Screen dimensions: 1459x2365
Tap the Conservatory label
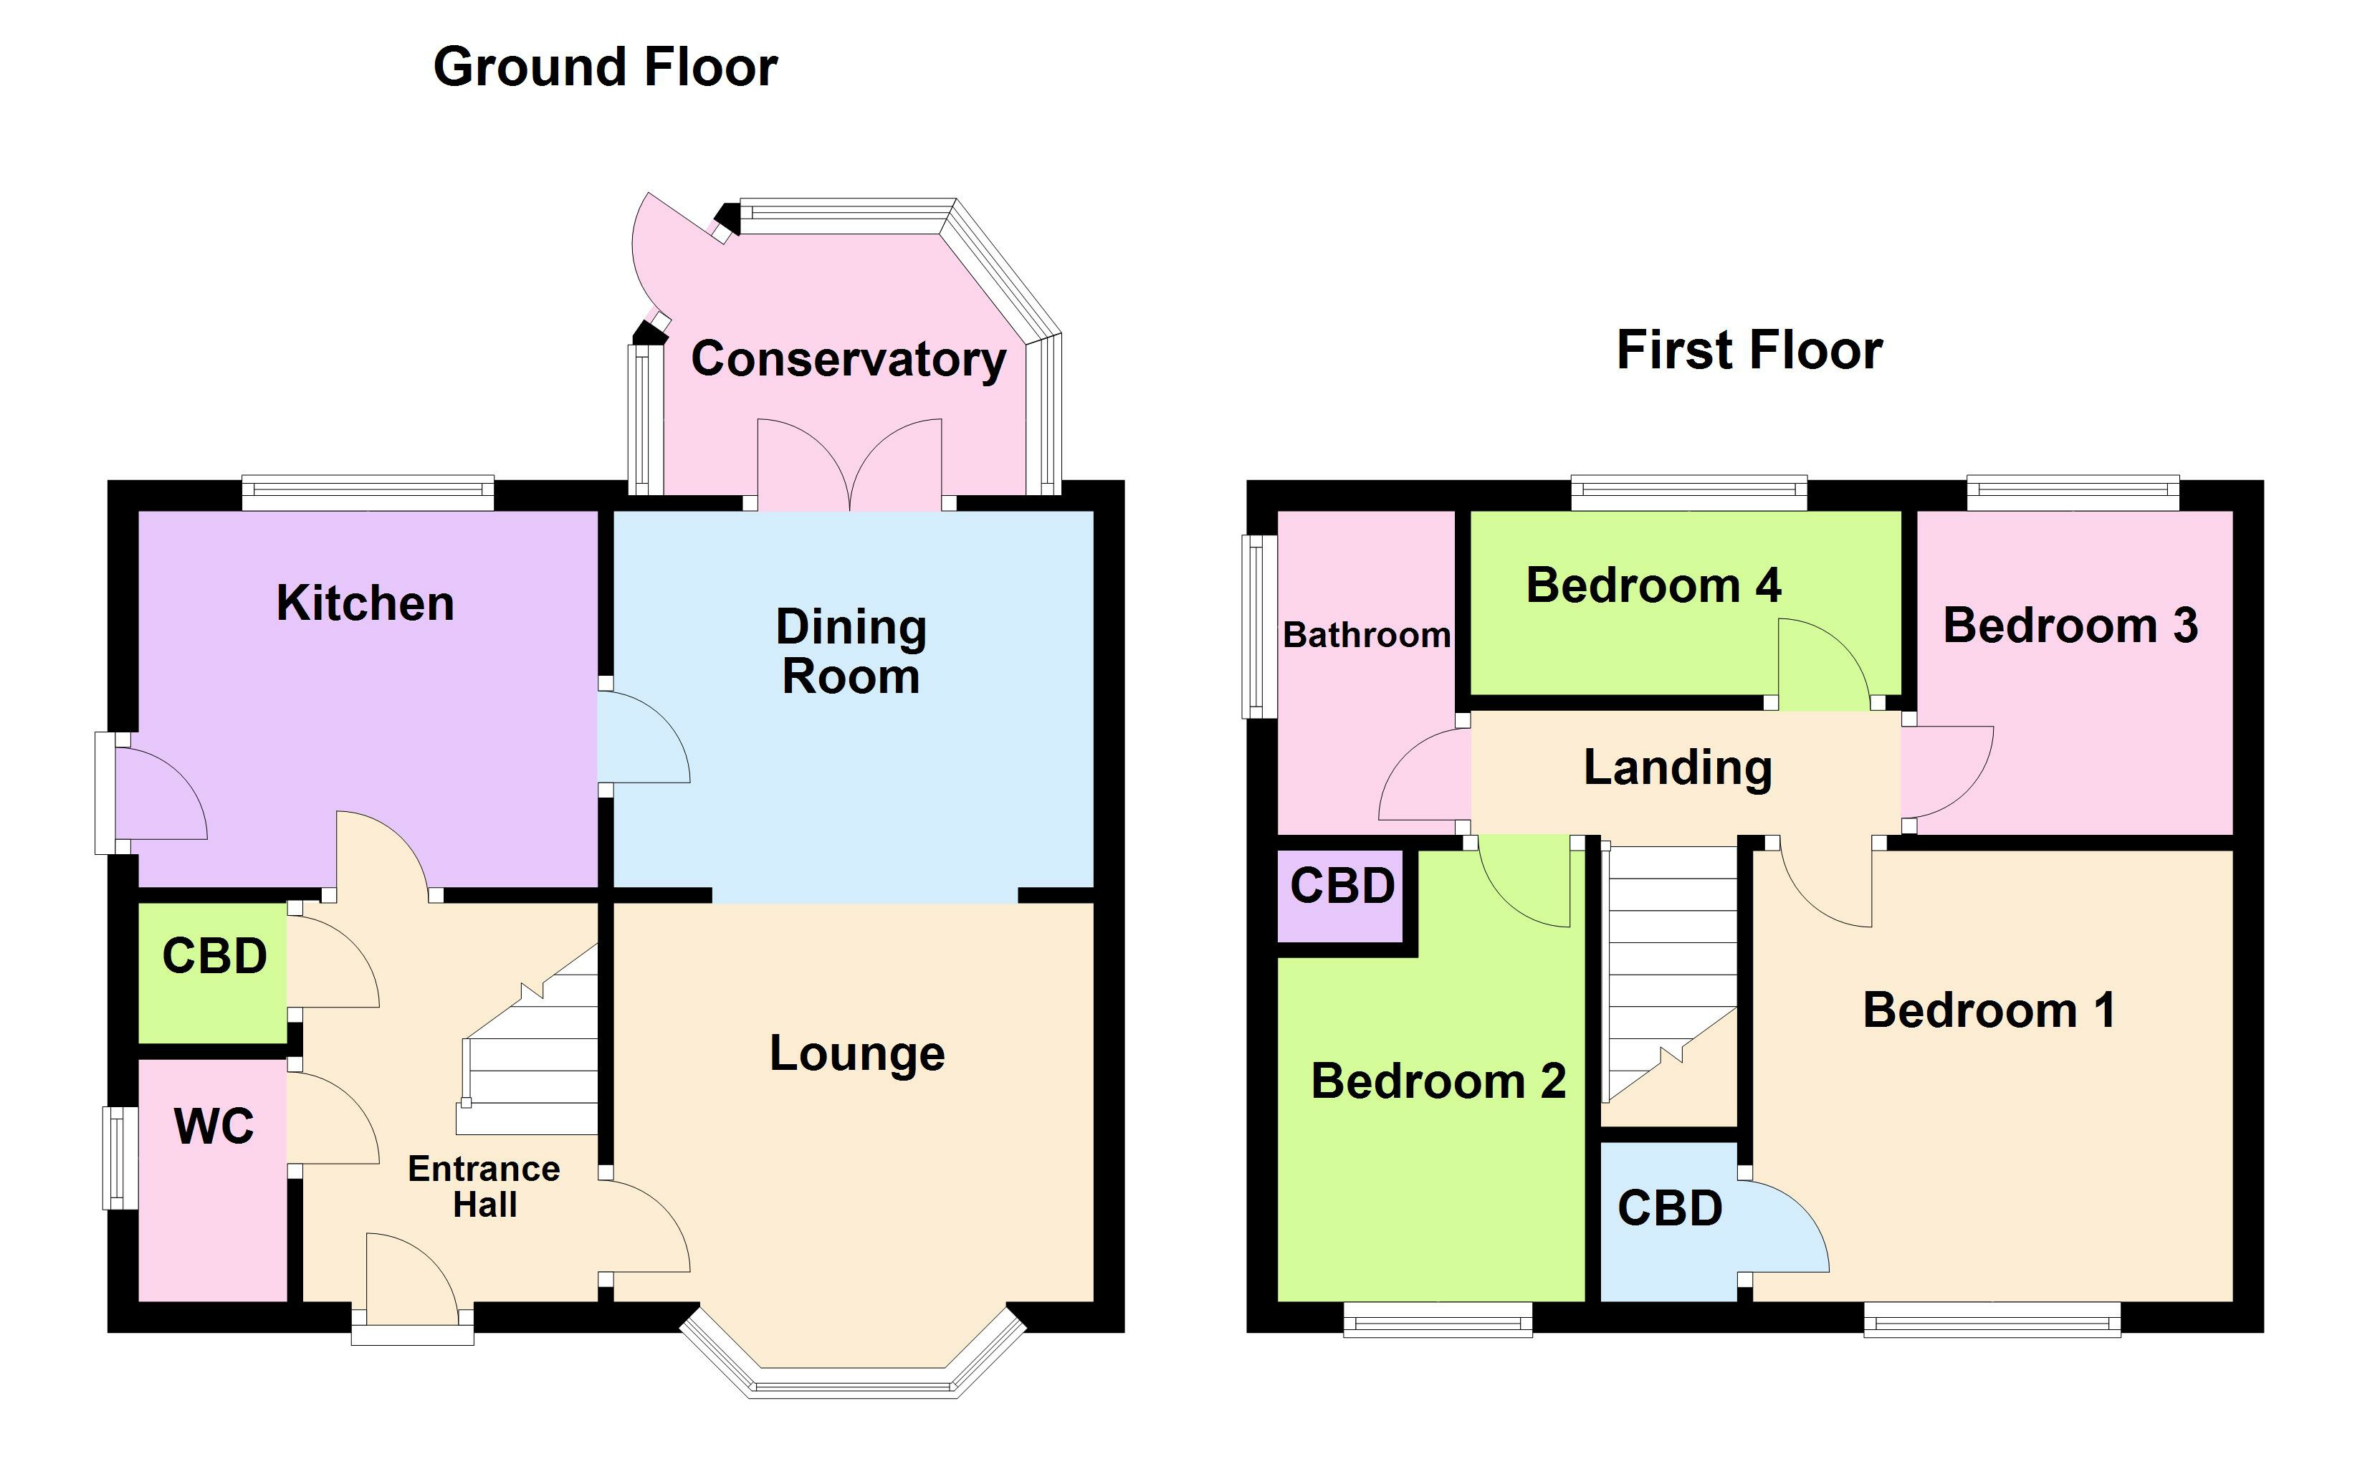[x=848, y=359]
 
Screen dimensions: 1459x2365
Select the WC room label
[x=214, y=1126]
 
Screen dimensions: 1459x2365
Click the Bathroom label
[x=1365, y=635]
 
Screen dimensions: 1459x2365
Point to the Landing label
[x=1678, y=768]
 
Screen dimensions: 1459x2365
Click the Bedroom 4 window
[x=1688, y=493]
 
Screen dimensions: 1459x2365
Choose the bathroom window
[x=1257, y=627]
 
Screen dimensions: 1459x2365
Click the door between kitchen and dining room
[x=641, y=738]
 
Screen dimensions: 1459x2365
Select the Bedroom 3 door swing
[x=1944, y=772]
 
